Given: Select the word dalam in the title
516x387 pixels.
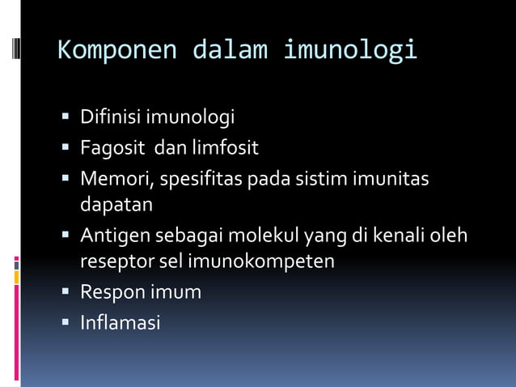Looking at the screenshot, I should click(x=229, y=50).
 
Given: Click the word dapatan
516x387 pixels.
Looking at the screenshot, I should click(x=116, y=206).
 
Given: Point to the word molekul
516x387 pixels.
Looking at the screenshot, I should click(x=264, y=236).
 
